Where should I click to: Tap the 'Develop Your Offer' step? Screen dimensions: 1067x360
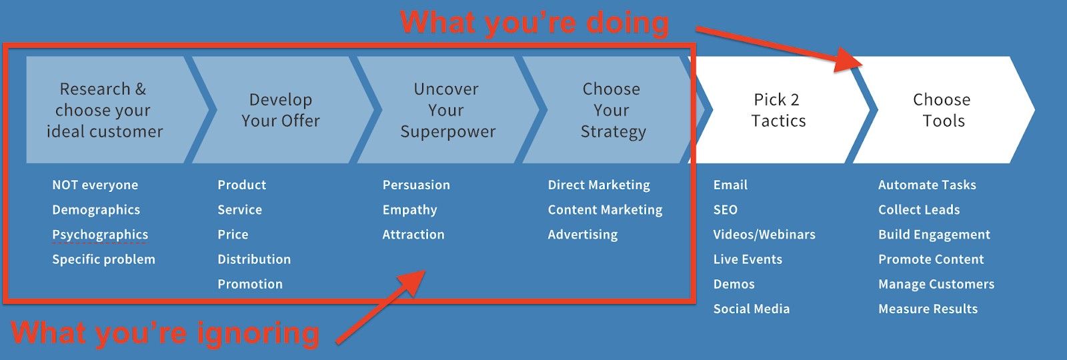[x=281, y=110]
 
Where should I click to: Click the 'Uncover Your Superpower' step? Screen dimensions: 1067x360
[x=447, y=110]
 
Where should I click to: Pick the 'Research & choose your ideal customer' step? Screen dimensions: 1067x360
[x=105, y=110]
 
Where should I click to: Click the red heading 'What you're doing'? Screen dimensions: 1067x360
[x=534, y=23]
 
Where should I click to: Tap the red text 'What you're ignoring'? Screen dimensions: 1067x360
[x=165, y=333]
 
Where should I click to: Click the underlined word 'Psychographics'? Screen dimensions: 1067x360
[x=100, y=235]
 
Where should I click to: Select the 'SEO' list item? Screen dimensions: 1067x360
[x=726, y=210]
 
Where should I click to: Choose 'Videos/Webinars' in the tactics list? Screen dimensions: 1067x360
[x=764, y=235]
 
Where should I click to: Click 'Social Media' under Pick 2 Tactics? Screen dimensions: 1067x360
[x=751, y=309]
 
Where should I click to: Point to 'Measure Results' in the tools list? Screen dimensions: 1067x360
[x=928, y=309]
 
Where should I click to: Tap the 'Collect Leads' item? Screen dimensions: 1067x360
[x=919, y=210]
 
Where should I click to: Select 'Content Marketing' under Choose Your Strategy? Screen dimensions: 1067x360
[x=605, y=210]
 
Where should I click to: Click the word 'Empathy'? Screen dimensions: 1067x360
[x=409, y=210]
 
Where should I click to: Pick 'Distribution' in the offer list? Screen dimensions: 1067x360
[x=254, y=259]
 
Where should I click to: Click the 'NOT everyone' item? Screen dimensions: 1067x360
[x=95, y=185]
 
